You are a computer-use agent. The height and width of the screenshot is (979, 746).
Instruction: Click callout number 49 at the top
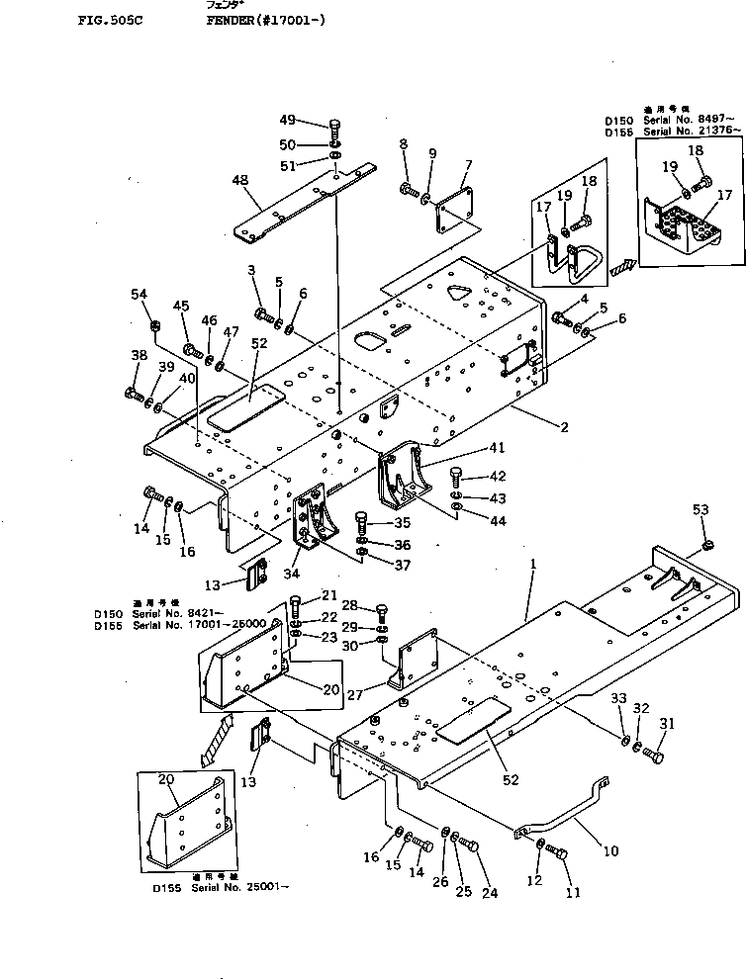(287, 121)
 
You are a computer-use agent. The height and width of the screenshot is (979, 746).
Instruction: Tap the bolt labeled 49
(333, 127)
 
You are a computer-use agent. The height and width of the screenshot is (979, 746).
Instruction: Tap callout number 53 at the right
(700, 509)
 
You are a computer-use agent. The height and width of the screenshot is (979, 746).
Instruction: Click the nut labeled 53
(706, 545)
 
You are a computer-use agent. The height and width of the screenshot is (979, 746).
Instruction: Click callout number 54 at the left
(139, 294)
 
